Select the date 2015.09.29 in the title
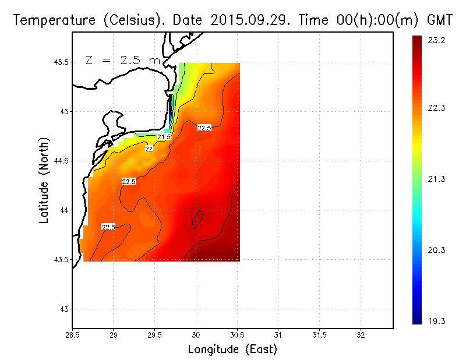click(242, 20)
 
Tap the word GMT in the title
click(440, 20)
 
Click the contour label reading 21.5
click(164, 137)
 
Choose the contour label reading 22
click(149, 149)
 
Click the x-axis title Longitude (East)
click(232, 350)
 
